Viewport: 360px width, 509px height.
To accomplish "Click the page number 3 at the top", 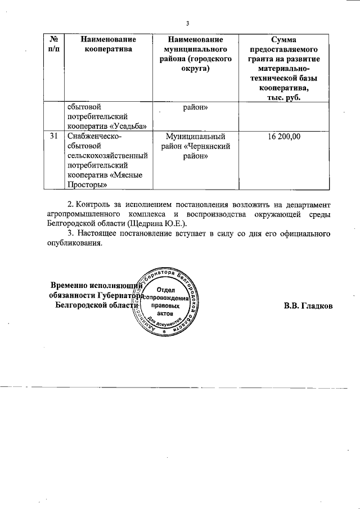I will pos(188,23).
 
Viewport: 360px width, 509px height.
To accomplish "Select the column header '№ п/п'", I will pos(55,44).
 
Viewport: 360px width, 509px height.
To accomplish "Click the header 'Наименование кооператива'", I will pos(109,44).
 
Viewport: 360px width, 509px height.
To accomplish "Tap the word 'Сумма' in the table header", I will pos(284,39).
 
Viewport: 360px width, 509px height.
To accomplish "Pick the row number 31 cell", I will pos(53,136).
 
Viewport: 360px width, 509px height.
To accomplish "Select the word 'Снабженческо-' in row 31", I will pos(94,136).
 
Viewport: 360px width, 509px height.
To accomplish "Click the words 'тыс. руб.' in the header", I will pos(284,98).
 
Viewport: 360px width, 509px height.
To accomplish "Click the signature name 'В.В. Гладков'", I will pos(308,307).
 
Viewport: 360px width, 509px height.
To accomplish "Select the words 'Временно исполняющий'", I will pos(92,285).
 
